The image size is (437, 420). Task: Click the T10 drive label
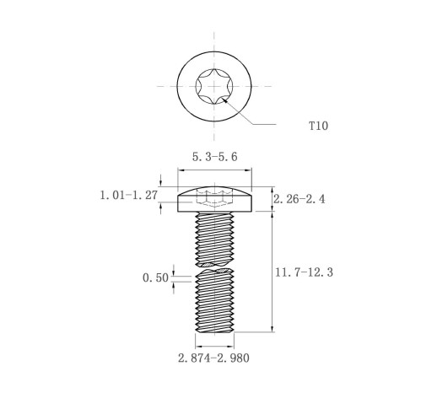point(318,126)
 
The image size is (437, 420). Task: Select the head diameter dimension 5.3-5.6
point(215,157)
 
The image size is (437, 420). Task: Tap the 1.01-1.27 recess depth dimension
point(129,195)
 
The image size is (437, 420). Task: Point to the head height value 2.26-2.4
point(299,199)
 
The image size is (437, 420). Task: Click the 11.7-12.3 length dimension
point(304,272)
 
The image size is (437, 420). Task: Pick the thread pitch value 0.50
point(155,278)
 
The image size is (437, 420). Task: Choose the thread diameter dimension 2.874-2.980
point(213,358)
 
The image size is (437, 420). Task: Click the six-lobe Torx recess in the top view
point(214,86)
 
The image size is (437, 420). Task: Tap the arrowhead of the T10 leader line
point(224,100)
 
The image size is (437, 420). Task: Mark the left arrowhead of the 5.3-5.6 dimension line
point(181,170)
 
